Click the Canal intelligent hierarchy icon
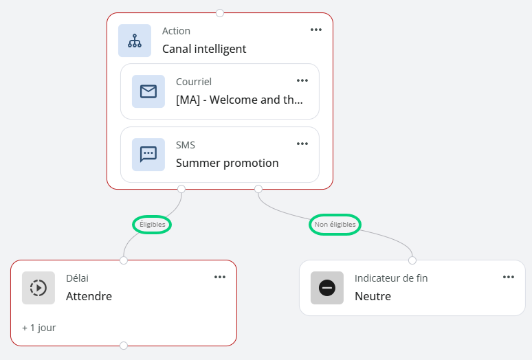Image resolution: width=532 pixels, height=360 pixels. pos(135,41)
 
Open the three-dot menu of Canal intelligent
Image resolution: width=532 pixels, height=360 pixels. pos(316,30)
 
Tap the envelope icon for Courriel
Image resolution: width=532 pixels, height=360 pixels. pos(148,91)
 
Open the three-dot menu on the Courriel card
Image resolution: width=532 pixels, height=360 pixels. pos(302,80)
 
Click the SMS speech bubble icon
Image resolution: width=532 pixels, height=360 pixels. pos(148,155)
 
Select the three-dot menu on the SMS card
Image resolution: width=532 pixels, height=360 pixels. pos(302,144)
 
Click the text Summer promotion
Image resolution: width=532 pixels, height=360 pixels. pos(228,163)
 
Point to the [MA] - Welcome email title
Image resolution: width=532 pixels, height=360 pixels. pos(239,100)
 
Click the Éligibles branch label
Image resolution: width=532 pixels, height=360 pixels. pos(152,225)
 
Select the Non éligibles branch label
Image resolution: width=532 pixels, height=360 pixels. pos(335,225)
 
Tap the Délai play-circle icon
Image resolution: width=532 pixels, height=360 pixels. pos(38,288)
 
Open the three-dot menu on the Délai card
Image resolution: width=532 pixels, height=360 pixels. pos(220,278)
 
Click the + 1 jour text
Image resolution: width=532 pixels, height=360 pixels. pos(39,328)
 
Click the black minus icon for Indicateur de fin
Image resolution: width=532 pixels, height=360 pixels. pos(327,288)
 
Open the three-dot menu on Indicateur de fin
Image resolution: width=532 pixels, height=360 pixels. pos(508,278)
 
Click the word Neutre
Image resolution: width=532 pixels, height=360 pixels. pos(373,296)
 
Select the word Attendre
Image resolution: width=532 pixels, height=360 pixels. pos(89,296)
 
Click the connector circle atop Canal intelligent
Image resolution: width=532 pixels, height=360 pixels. pos(220,13)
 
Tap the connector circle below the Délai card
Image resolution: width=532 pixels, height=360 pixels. pos(124,346)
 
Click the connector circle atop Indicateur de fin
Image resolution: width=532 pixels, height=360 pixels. pos(412,260)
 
